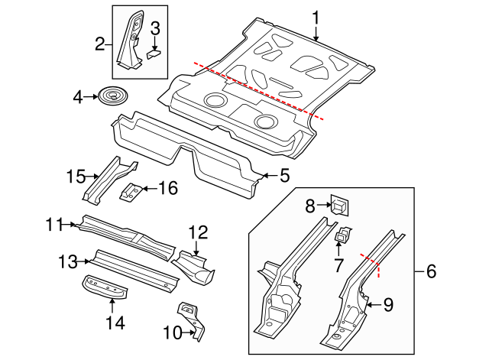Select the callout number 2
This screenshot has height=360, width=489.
point(99,44)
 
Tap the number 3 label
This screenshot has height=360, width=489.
point(154,30)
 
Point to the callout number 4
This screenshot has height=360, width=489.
point(77,97)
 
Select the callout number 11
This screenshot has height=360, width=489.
point(198,232)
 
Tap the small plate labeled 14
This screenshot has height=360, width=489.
point(75,177)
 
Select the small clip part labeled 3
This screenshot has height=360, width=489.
point(154,52)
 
